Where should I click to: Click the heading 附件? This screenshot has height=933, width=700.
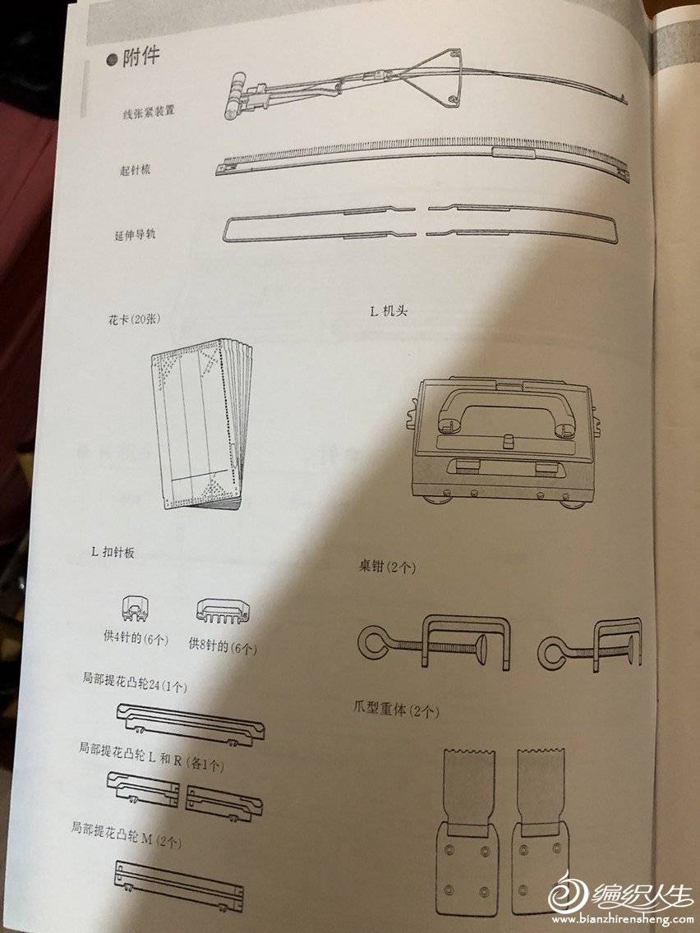pyautogui.click(x=141, y=57)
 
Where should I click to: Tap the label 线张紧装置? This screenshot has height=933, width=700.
pyautogui.click(x=149, y=112)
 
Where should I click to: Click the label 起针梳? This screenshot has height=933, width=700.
pyautogui.click(x=135, y=170)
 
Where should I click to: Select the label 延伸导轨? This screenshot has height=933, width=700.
pyautogui.click(x=135, y=234)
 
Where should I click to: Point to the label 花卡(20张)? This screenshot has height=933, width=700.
pyautogui.click(x=134, y=319)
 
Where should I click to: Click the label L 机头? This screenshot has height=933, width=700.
pyautogui.click(x=389, y=310)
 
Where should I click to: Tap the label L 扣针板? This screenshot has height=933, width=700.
pyautogui.click(x=113, y=552)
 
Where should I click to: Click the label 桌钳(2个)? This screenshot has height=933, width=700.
pyautogui.click(x=387, y=567)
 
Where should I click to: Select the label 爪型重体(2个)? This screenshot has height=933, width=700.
pyautogui.click(x=396, y=710)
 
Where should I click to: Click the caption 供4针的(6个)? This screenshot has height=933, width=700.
pyautogui.click(x=136, y=638)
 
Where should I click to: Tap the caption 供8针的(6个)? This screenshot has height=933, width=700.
pyautogui.click(x=223, y=646)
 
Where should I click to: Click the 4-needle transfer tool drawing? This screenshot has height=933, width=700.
pyautogui.click(x=136, y=609)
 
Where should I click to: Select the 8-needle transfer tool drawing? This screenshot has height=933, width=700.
pyautogui.click(x=223, y=611)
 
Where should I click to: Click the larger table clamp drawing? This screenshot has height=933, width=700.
pyautogui.click(x=435, y=642)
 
